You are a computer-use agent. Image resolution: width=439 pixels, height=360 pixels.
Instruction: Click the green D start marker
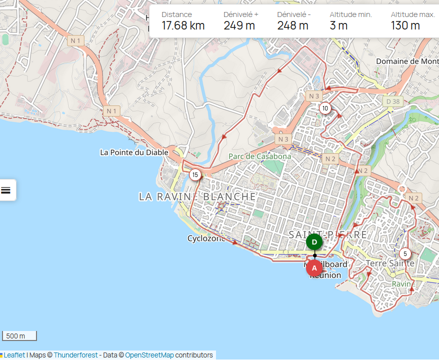314,242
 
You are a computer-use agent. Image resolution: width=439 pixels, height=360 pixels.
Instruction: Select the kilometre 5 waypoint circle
405,253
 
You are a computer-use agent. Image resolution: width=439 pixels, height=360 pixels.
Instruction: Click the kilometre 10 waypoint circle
325,108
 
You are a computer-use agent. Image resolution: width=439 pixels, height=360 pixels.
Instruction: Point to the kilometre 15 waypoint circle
195,174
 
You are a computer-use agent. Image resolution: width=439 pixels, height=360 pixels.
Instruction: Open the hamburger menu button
6,190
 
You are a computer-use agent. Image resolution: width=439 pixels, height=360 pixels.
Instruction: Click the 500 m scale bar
19,336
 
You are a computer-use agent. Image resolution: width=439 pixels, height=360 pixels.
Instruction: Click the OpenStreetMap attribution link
149,355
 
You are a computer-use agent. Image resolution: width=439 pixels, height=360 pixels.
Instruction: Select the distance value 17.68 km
183,25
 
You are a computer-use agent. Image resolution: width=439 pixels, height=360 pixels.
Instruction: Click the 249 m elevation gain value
239,25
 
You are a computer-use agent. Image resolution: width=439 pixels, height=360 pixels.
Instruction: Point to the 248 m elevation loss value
293,25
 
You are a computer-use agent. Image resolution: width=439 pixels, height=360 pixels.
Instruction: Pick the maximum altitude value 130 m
405,25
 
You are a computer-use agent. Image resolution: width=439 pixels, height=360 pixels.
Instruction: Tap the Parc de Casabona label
259,156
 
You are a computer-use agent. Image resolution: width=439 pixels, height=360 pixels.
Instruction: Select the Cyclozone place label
206,238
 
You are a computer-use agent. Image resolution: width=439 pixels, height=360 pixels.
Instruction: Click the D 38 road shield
393,101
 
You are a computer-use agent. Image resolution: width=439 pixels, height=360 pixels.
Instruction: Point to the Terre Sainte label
390,263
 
